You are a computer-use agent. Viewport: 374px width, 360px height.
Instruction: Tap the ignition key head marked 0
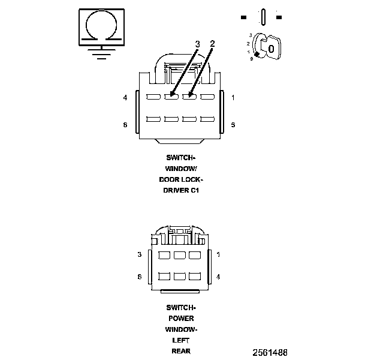[271, 48]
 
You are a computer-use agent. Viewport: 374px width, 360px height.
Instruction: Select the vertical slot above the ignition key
[263, 17]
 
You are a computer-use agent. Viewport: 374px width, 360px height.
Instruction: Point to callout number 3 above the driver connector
[197, 44]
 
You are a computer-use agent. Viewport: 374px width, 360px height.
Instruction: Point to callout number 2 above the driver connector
[212, 44]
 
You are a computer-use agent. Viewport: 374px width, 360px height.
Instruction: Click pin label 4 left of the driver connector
[125, 97]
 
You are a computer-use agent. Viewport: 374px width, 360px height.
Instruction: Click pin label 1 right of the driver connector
[233, 97]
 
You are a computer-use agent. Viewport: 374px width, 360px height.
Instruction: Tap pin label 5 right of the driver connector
[233, 125]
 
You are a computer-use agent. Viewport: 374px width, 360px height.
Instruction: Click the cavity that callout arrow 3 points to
[171, 97]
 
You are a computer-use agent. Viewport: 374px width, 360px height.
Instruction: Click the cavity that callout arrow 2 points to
[189, 97]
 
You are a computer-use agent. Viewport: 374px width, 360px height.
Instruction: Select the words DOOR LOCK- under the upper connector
[181, 179]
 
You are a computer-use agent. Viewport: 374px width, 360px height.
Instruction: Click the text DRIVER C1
[181, 190]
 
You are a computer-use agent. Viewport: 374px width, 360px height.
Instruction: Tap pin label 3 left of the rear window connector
[139, 254]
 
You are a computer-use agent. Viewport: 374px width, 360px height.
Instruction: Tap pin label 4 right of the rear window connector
[218, 277]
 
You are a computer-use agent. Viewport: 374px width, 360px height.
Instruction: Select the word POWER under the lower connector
[180, 319]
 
